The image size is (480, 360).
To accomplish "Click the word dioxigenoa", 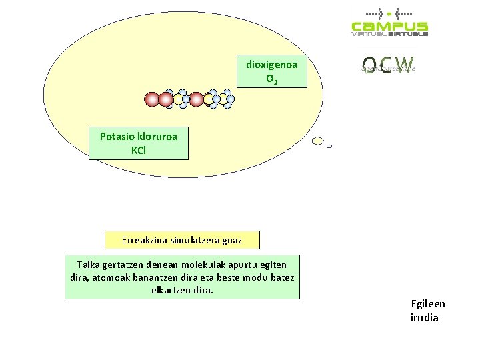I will point(271,65).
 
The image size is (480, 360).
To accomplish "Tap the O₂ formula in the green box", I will point(271,79).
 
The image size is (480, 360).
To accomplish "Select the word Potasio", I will point(117,136).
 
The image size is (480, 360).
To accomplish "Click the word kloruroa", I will point(157,136).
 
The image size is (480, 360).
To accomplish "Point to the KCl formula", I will point(139,150).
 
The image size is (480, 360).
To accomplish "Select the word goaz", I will point(233,240).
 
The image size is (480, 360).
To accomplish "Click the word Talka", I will point(89,265).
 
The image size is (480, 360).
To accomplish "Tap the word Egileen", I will point(428,304).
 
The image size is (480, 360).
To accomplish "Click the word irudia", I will point(425,317).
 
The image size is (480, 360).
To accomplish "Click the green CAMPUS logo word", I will point(390,26).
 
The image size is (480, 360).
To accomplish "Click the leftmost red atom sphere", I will point(152,99).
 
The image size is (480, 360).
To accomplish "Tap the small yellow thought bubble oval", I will point(318,141).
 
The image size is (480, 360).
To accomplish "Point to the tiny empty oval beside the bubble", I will point(329,146).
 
